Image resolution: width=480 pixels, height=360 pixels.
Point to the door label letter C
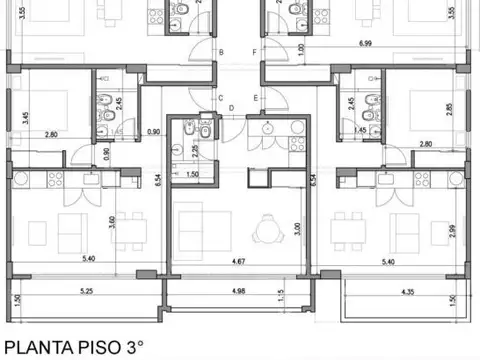point(221,98)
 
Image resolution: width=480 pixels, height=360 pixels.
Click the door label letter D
point(231,108)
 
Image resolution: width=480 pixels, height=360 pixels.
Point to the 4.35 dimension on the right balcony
point(407,292)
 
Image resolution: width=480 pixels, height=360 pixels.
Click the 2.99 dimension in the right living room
point(452,232)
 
